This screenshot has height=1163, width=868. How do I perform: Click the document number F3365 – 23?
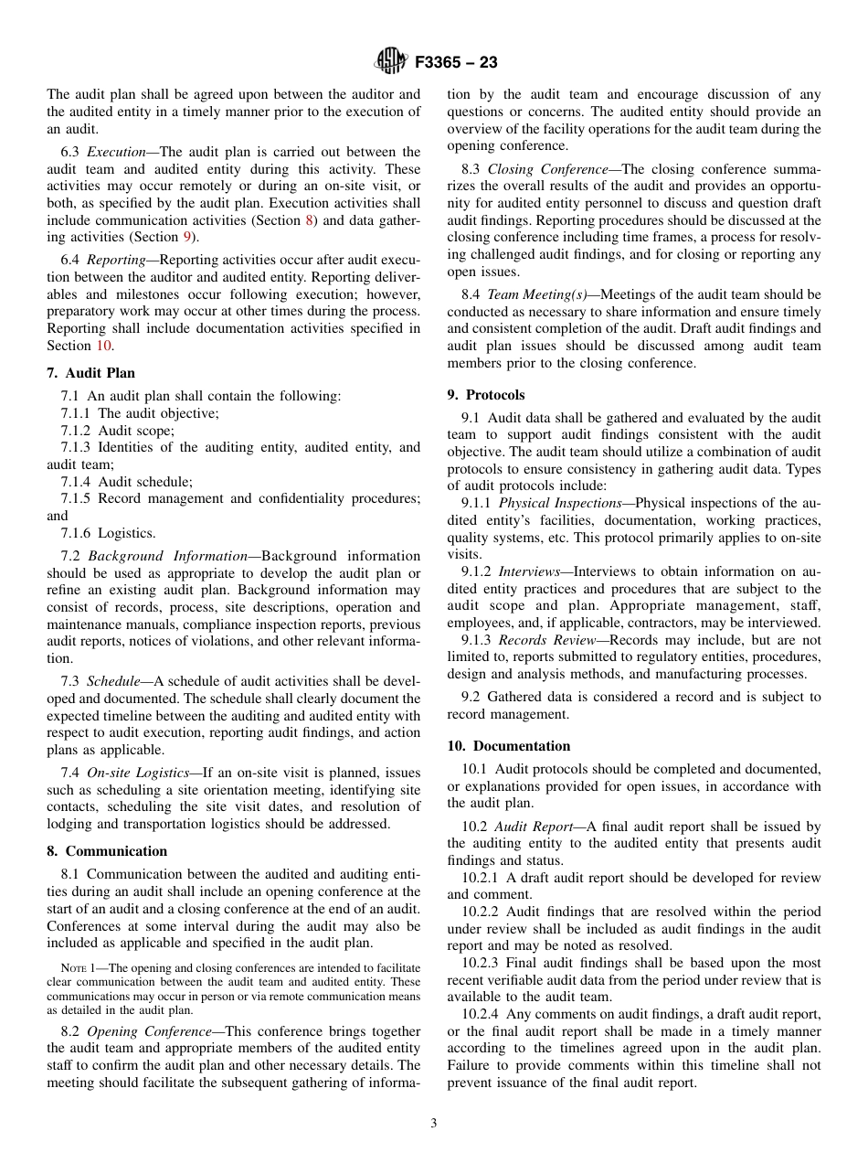(456, 63)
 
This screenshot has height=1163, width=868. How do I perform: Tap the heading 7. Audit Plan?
(90, 373)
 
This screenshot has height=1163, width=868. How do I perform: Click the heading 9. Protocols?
(486, 395)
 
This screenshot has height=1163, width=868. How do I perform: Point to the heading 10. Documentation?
(508, 746)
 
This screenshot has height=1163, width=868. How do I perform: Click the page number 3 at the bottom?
(434, 1123)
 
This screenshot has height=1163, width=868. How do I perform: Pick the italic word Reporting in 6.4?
(114, 260)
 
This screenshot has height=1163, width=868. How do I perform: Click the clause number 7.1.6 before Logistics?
(76, 533)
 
